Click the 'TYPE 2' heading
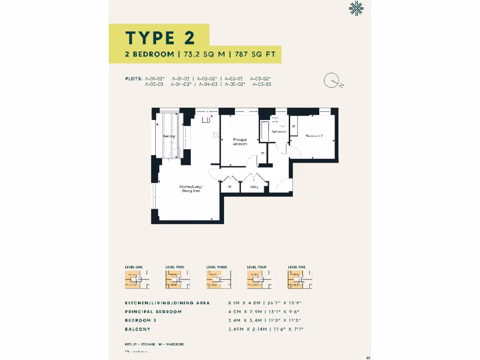tap(159, 37)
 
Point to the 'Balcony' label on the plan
tap(169, 136)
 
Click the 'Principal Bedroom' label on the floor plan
tap(240, 142)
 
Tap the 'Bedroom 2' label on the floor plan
tap(314, 136)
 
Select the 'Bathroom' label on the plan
tap(279, 132)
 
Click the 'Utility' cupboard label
tap(254, 187)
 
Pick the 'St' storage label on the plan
tap(230, 187)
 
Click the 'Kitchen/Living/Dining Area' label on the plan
tap(191, 189)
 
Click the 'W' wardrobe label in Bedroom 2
tap(293, 127)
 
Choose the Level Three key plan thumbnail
tap(216, 280)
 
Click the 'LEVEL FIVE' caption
tap(297, 267)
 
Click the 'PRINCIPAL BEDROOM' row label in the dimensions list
tap(153, 312)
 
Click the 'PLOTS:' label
tap(134, 78)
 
